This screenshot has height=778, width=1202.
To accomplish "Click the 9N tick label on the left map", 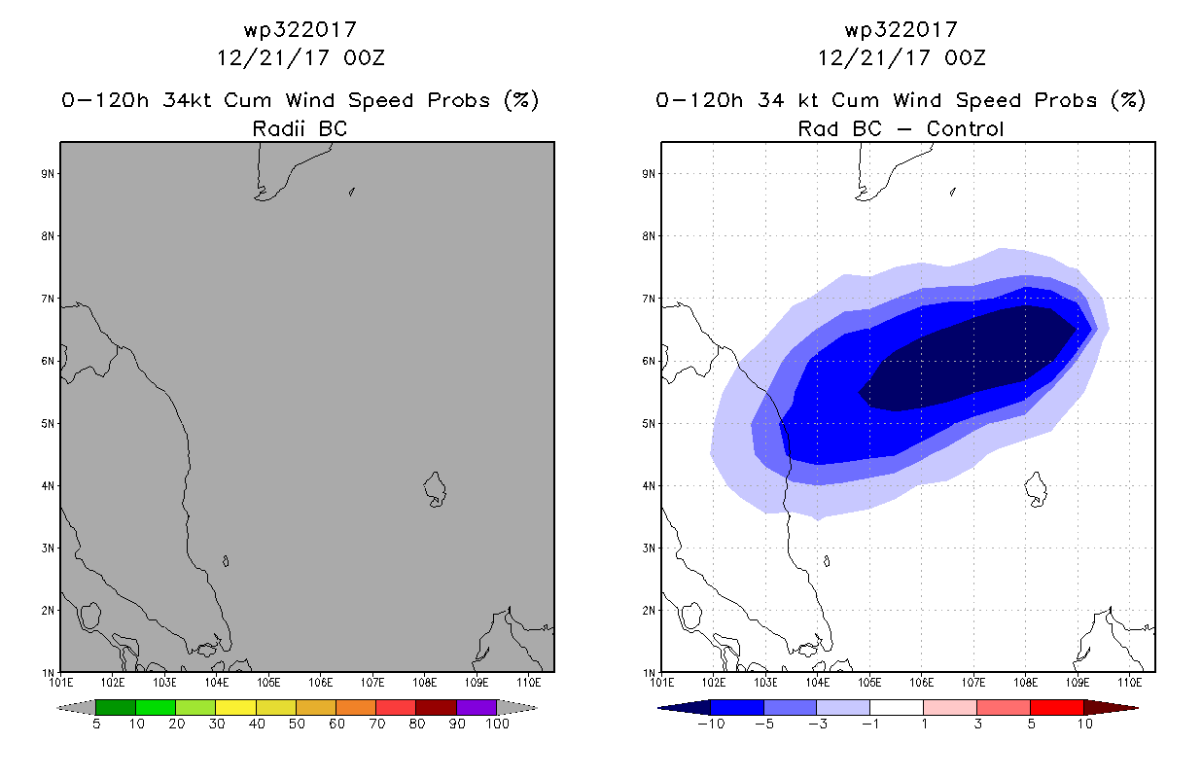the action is click(x=48, y=174).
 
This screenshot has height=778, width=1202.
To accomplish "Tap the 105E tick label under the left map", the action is click(x=268, y=683).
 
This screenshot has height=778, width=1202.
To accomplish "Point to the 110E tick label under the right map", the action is click(x=1130, y=683).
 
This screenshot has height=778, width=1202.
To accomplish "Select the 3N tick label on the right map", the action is click(x=649, y=548).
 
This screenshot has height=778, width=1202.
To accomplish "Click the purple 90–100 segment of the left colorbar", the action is click(x=477, y=707).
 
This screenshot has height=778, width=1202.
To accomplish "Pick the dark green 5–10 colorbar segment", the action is click(x=116, y=707).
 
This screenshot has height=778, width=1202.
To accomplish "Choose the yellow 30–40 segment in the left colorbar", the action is click(x=235, y=707).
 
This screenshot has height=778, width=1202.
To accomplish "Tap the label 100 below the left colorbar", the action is click(x=497, y=724).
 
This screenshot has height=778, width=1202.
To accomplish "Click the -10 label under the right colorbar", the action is click(x=711, y=724).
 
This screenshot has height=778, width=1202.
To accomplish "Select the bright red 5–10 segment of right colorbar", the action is click(x=1057, y=707).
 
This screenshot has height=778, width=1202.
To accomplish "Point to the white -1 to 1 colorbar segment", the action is click(x=897, y=707).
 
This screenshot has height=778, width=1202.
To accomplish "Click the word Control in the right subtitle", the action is click(x=965, y=128).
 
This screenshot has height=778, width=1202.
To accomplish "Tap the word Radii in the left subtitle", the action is click(x=278, y=128).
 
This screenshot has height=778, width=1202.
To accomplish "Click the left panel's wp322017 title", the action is click(x=300, y=30).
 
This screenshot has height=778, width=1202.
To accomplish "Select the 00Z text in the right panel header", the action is click(x=965, y=58).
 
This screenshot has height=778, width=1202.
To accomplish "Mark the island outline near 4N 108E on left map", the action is click(x=435, y=489).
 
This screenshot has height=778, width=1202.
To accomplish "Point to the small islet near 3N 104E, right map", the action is click(x=827, y=561).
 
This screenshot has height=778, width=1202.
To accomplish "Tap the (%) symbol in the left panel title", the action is click(x=521, y=100).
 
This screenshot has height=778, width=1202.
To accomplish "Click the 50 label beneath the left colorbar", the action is click(x=297, y=724).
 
